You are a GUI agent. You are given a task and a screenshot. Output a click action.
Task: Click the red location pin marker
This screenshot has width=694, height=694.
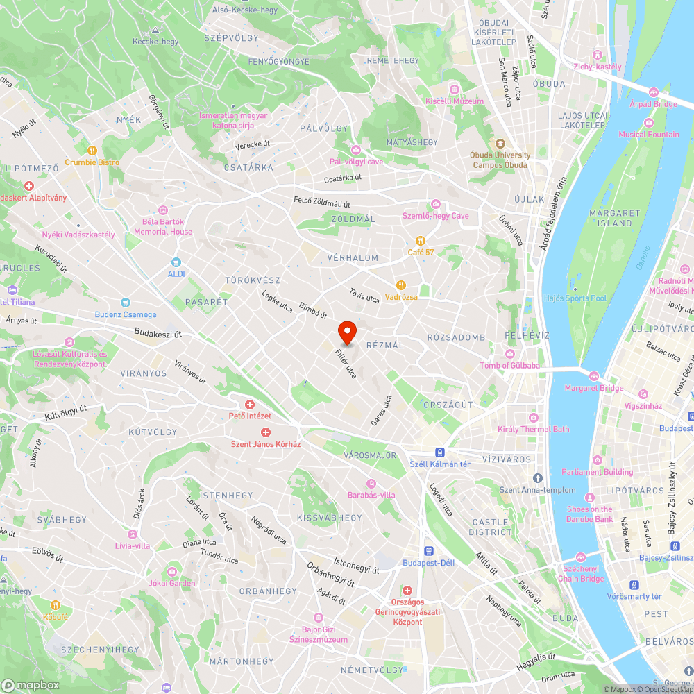click(347, 332)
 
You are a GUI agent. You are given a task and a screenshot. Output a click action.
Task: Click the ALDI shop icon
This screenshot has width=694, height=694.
click(176, 262)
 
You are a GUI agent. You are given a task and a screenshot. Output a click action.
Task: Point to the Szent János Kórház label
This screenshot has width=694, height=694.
click(266, 444)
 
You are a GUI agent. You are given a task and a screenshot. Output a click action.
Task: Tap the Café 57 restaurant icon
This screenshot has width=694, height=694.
click(421, 241)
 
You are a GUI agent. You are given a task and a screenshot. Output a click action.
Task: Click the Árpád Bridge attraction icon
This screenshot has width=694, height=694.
click(653, 92)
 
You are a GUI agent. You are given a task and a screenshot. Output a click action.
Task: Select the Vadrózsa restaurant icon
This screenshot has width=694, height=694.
click(401, 285)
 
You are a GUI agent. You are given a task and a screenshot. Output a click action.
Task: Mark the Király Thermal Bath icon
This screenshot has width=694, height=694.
click(533, 417)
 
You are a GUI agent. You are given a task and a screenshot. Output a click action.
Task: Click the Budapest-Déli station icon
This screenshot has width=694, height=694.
click(429, 550)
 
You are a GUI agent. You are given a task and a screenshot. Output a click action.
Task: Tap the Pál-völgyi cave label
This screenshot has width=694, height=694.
click(356, 162)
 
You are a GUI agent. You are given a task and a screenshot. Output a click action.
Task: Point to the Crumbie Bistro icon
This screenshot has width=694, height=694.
click(92, 151)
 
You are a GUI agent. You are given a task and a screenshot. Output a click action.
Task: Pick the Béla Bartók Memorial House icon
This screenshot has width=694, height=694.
click(163, 210)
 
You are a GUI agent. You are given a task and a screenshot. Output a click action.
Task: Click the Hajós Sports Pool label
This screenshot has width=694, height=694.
click(575, 298)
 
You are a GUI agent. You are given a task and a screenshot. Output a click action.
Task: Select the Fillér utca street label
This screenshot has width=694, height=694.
click(345, 364)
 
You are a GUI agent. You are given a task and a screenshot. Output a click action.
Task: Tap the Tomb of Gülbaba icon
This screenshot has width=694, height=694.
click(510, 354)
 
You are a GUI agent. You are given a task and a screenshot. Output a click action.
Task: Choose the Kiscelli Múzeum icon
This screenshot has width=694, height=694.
click(455, 90)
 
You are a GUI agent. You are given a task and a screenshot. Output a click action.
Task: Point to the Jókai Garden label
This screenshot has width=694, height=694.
click(172, 584)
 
